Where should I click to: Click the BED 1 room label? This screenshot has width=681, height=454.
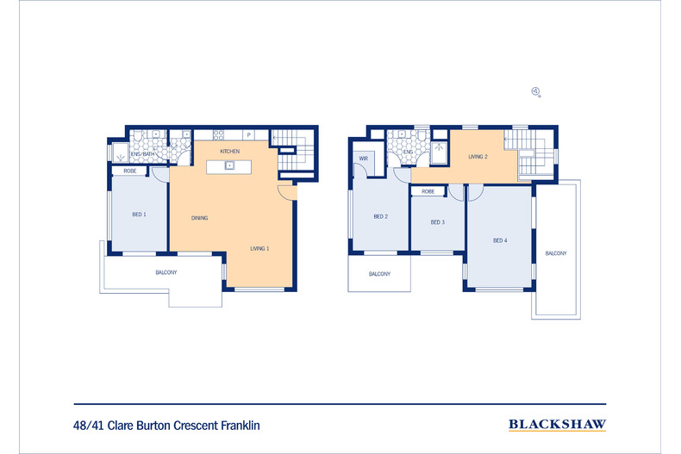pos(139,215)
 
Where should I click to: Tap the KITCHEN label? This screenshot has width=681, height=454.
pos(230,151)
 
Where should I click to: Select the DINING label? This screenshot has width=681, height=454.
pos(199,218)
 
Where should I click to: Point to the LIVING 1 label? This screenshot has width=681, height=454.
pos(259,248)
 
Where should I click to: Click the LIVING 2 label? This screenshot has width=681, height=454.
pos(478,157)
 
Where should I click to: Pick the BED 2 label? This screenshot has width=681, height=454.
pos(380,216)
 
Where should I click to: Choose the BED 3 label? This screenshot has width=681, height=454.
pos(437,222)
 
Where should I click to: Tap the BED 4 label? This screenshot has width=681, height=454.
pos(500,240)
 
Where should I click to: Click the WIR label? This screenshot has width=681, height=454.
pos(364,159)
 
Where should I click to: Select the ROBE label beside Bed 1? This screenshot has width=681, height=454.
pos(130,171)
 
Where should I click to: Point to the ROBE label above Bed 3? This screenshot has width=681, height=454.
pos(428,191)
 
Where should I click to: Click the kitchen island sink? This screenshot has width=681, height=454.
pos(229,165)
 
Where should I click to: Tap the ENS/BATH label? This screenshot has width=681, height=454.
pos(143,154)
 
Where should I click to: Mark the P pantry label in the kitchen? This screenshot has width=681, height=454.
pos(249,135)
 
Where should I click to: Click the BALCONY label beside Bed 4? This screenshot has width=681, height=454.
pos(556,253)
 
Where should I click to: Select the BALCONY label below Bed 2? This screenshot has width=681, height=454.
pos(379,274)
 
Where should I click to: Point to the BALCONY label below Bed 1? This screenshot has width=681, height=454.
pos(166,272)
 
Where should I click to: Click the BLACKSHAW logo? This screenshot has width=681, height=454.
pos(557,425)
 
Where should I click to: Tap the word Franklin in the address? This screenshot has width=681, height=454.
pos(241,426)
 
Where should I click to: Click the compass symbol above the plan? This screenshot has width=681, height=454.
pos(536,91)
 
